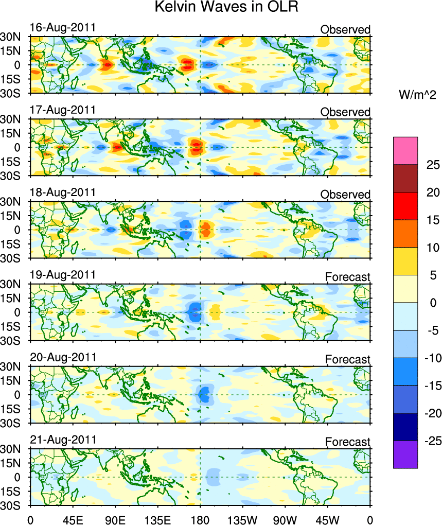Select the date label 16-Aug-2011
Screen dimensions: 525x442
click(x=63, y=28)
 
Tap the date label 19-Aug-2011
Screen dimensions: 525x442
click(x=63, y=275)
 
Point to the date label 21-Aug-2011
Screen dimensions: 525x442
click(x=63, y=440)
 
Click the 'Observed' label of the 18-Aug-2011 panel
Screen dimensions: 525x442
click(x=345, y=195)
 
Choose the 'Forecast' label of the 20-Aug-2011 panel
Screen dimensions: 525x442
click(x=348, y=359)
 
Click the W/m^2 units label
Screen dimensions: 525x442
click(x=418, y=94)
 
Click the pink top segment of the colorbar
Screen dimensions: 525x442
click(x=405, y=150)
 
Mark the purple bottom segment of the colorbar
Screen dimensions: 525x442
click(x=405, y=454)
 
